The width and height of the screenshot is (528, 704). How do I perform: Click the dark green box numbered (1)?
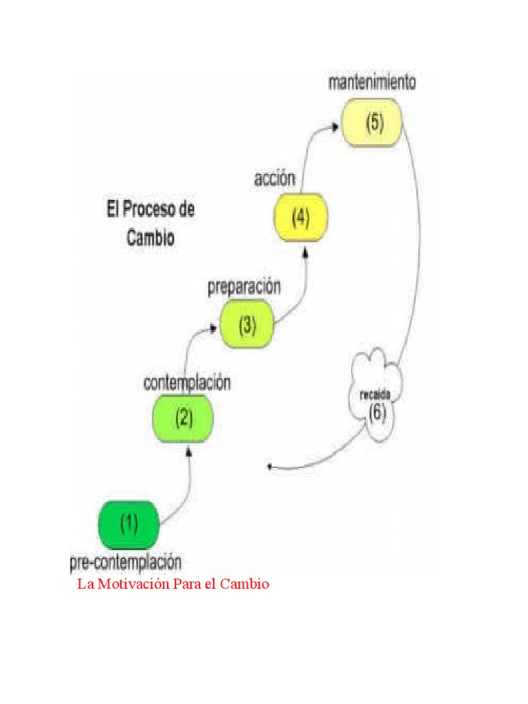(x=129, y=525)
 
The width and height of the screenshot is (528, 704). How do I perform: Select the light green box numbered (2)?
(x=183, y=417)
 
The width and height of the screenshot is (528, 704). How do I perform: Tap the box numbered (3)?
(x=247, y=326)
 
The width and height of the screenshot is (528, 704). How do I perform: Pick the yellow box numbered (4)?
(x=300, y=218)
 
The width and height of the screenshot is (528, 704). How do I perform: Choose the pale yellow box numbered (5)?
(x=372, y=122)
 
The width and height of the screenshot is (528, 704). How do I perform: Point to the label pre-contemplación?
(x=126, y=563)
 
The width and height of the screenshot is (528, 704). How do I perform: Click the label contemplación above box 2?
(x=187, y=383)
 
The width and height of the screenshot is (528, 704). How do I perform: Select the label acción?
(x=274, y=179)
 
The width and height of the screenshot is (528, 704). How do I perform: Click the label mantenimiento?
(x=372, y=84)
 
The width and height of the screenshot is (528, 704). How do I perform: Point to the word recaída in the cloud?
(x=375, y=395)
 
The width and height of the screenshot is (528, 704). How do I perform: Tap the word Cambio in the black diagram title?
(x=151, y=237)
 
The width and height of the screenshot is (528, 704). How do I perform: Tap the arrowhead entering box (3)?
(x=215, y=330)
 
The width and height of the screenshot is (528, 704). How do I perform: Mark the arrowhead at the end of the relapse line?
(x=270, y=467)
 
